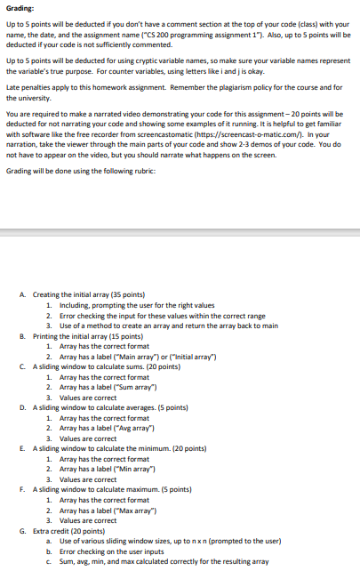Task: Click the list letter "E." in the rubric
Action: (21, 447)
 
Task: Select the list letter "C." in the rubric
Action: (21, 366)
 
